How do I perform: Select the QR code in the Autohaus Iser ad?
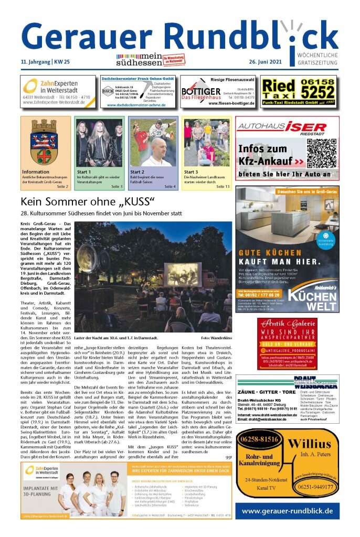tap(320, 154)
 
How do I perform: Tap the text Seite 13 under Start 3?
tap(223, 186)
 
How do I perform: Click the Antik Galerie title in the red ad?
tap(287, 324)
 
